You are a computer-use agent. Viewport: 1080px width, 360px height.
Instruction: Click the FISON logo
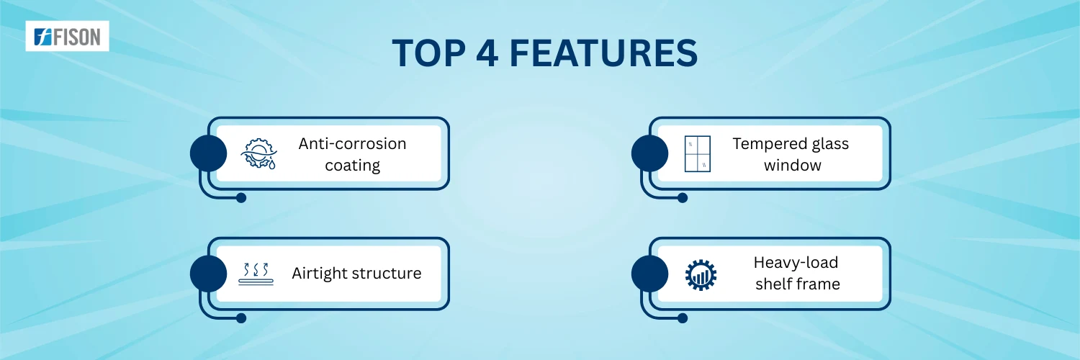[x=67, y=36]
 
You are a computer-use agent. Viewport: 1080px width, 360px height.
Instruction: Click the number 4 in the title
[x=487, y=53]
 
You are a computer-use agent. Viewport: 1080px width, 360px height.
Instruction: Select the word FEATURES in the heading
[x=603, y=53]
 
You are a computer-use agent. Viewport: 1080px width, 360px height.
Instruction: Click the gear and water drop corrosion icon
[x=259, y=154]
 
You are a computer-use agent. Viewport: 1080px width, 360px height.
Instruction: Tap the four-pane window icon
[x=697, y=154]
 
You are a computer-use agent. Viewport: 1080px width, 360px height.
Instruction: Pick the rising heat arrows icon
[x=256, y=274]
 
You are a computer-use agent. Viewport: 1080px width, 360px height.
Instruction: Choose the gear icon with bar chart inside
[x=701, y=275]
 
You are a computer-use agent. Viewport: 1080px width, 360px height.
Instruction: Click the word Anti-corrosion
[x=353, y=143]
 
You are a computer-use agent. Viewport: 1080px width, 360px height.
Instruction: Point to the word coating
[x=353, y=166]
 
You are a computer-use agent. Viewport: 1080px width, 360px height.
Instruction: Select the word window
[x=792, y=166]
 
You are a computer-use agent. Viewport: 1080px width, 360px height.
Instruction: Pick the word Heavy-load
[x=796, y=262]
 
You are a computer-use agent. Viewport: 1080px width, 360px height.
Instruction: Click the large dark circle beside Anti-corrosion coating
[x=208, y=153]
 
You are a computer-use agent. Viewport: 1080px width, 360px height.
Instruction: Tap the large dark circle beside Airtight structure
[x=208, y=274]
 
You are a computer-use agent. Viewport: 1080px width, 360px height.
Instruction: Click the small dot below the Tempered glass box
[x=683, y=197]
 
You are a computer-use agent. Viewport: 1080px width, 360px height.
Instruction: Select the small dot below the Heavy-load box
[x=683, y=318]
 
